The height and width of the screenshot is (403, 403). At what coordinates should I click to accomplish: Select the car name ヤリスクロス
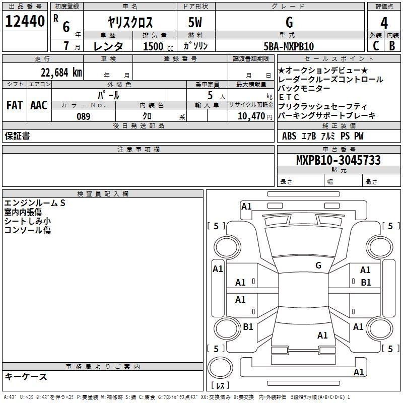130,23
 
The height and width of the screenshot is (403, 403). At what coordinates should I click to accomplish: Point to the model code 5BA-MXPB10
289,46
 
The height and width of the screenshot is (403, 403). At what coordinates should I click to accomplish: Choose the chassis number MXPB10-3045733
338,160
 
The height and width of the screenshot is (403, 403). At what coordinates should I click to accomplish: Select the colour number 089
83,116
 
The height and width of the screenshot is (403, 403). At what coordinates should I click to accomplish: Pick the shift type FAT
15,105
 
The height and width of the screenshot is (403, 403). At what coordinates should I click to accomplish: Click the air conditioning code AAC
39,105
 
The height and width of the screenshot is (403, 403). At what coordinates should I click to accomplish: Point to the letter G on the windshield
318,265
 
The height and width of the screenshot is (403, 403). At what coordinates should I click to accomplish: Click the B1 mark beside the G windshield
366,283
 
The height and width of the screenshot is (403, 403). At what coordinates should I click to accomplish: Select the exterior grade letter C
375,46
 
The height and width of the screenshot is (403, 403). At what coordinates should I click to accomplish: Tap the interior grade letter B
392,46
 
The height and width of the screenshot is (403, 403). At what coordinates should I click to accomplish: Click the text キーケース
26,376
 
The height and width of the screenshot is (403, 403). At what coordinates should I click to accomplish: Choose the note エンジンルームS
35,203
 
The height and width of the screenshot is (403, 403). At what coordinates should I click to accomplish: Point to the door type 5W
196,23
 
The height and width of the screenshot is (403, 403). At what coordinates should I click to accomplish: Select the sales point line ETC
289,97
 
